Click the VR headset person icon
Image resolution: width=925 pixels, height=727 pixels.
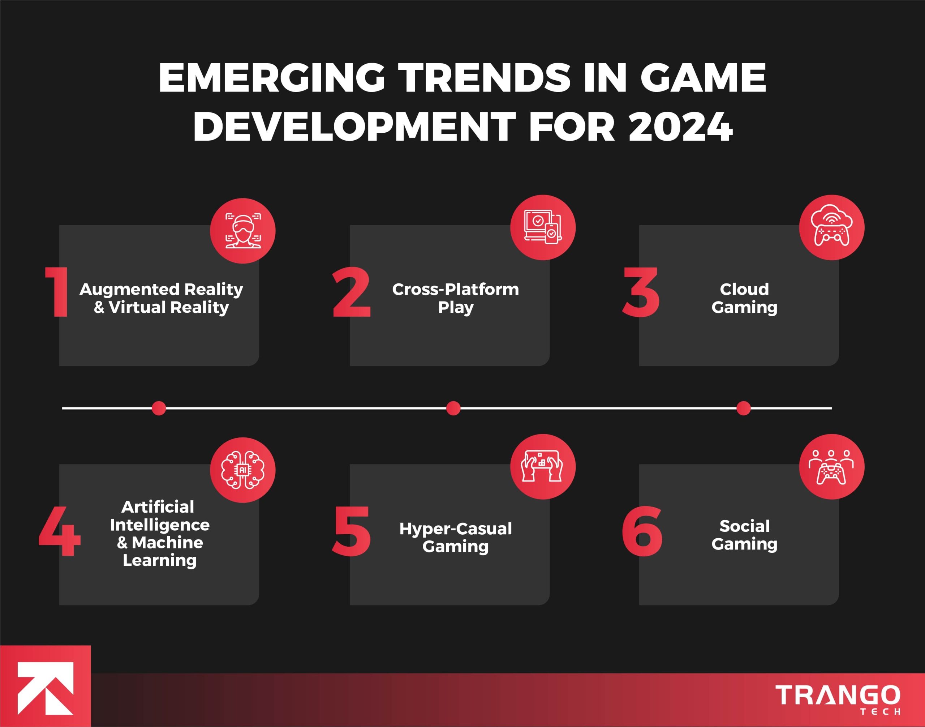tap(243, 231)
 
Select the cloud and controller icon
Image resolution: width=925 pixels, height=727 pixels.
tap(831, 227)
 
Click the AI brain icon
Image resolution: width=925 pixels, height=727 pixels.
tap(243, 470)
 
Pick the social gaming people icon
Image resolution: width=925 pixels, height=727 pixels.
tap(831, 466)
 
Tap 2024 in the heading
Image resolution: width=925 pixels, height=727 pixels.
tap(680, 127)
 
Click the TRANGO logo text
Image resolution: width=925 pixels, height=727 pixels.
tap(837, 695)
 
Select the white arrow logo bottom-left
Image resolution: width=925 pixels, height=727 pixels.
tap(45, 688)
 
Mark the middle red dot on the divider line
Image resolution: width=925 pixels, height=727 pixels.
tap(453, 408)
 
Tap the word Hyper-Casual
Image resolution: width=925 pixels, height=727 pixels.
tap(455, 528)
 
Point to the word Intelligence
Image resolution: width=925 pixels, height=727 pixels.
tap(160, 525)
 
